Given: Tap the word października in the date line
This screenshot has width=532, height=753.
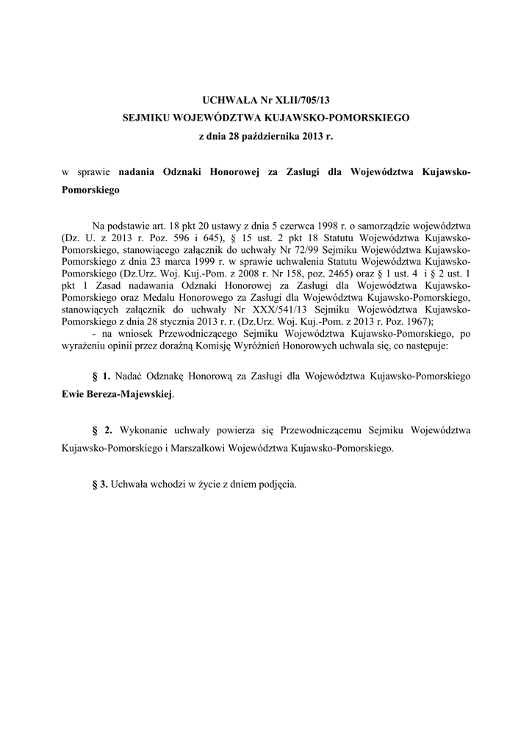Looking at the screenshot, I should click(x=269, y=136).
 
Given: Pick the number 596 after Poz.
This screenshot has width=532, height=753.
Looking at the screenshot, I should click(x=154, y=239).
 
